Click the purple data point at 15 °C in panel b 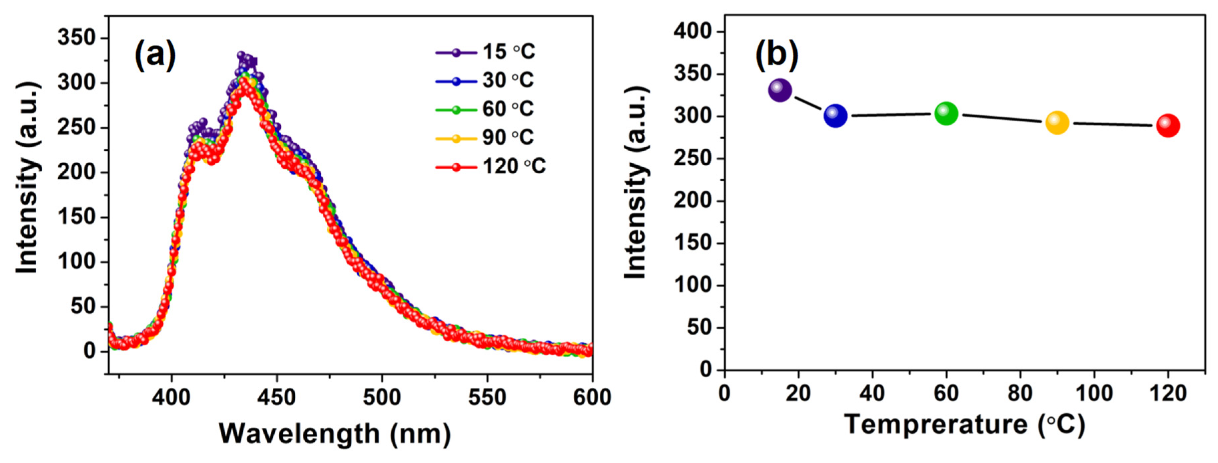pos(780,90)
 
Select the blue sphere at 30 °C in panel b pos(835,116)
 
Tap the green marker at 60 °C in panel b pos(946,113)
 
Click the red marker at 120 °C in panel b pos(1168,126)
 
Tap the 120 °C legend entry pos(492,166)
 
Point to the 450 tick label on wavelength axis pos(277,398)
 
